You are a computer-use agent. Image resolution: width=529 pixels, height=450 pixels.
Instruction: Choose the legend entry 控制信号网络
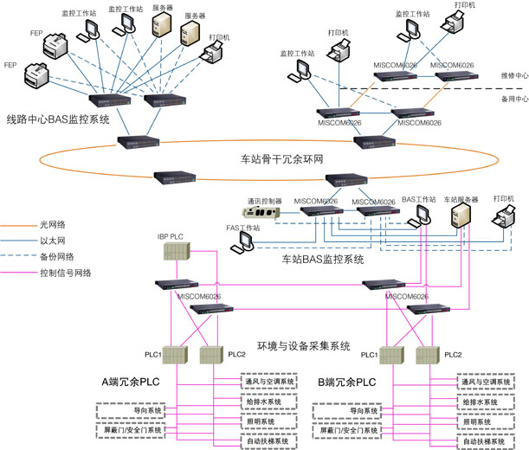(x=64, y=273)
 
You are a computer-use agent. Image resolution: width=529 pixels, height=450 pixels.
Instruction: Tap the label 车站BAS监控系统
(x=323, y=259)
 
